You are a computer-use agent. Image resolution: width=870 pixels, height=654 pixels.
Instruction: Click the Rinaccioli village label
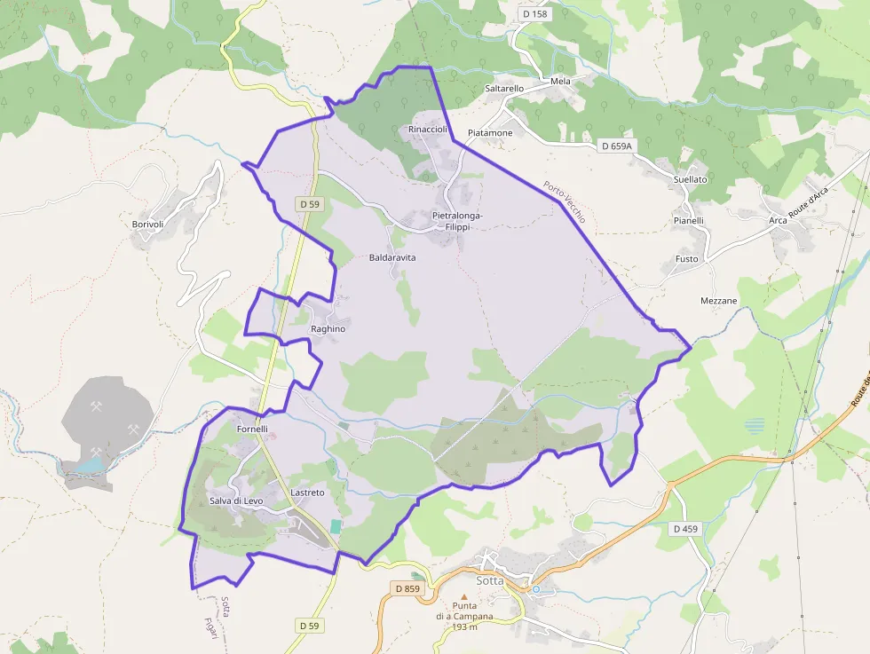point(427,130)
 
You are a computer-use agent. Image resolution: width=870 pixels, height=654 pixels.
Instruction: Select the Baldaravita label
point(392,257)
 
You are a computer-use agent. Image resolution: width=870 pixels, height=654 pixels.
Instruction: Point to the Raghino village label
point(328,329)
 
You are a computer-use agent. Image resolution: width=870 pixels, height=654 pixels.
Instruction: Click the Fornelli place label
point(252,429)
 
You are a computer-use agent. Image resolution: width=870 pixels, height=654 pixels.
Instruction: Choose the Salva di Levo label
point(236,501)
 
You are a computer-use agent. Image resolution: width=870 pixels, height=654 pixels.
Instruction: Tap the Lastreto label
point(308,492)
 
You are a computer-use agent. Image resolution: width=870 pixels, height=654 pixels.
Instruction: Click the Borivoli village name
point(148,225)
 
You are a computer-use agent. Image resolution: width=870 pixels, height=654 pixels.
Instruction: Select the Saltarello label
point(504,89)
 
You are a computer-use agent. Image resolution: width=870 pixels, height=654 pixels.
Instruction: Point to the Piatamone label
point(490,133)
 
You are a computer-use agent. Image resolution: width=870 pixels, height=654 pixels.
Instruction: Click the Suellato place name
point(691,179)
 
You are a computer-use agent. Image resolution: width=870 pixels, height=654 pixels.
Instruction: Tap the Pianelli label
point(688,221)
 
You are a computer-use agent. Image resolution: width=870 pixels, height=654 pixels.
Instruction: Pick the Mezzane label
point(719,301)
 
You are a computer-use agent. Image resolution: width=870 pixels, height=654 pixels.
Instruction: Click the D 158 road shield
point(536,14)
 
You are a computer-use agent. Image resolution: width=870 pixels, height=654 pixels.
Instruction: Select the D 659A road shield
point(616,146)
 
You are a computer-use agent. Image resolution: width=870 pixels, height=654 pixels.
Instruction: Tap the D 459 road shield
point(685,529)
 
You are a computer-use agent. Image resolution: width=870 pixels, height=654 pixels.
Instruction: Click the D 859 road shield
point(407,588)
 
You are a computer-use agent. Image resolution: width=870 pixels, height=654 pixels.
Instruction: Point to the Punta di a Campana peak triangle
point(463,597)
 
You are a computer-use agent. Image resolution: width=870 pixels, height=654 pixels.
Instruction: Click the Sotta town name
point(490,580)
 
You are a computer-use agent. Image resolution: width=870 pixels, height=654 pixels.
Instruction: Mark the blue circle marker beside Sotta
point(535,589)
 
